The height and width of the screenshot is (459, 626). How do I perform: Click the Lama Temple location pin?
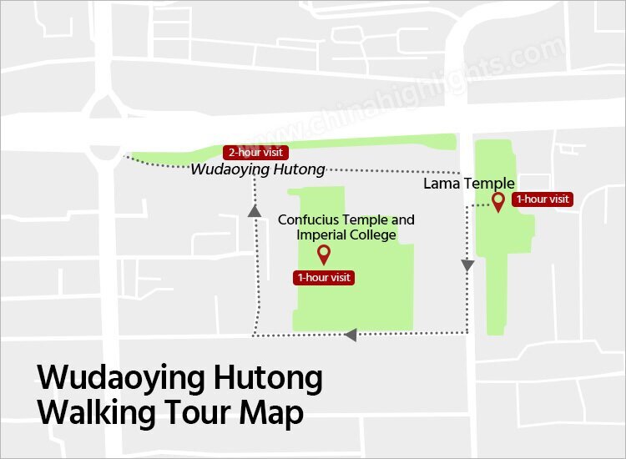pyautogui.click(x=498, y=201)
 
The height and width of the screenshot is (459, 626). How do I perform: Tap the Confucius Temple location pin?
pyautogui.click(x=324, y=254)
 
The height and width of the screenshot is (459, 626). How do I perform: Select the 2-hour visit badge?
pyautogui.click(x=256, y=153)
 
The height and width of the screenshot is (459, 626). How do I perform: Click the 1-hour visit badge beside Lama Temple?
pyautogui.click(x=543, y=199)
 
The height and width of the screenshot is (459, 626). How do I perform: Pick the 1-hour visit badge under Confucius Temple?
pyautogui.click(x=324, y=278)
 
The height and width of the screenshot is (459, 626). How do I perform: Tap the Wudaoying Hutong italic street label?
pyautogui.click(x=258, y=169)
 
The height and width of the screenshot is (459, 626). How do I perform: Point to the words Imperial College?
pyautogui.click(x=346, y=235)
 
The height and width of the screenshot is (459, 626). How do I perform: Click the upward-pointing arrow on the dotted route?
pyautogui.click(x=253, y=211)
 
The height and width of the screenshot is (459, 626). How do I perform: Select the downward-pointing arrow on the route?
pyautogui.click(x=467, y=265)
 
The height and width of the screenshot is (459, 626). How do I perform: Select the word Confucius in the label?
pyautogui.click(x=309, y=220)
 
